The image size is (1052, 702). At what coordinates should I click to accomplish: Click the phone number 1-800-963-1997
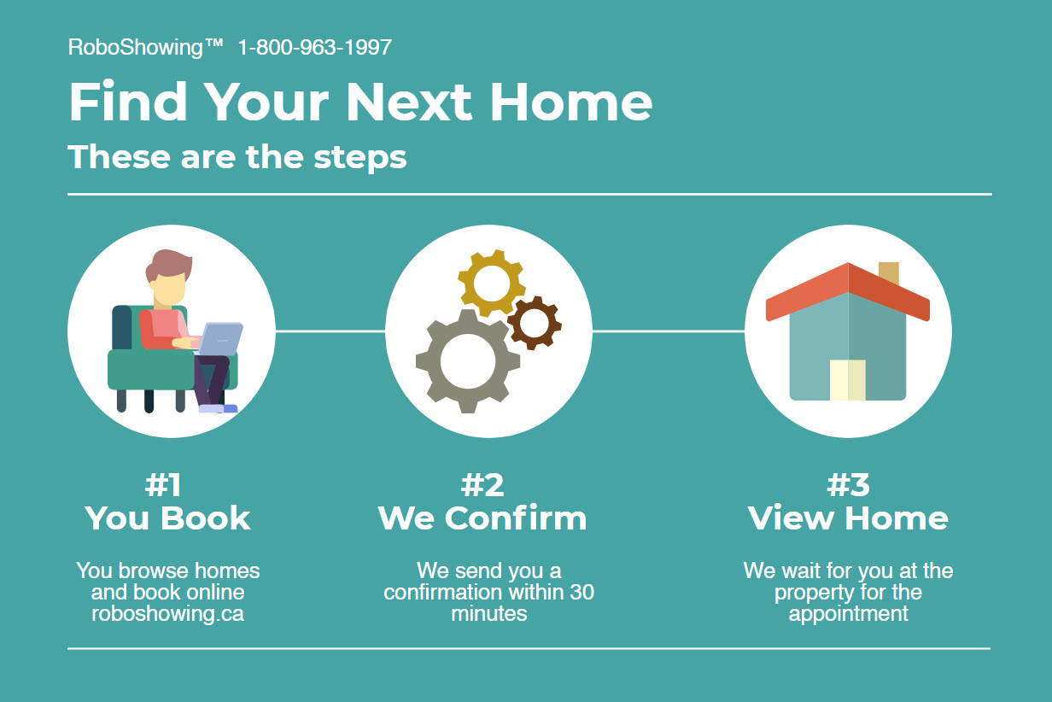click(314, 48)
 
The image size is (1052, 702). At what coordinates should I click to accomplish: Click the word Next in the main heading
click(408, 102)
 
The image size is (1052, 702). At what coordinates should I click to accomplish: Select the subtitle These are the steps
click(237, 156)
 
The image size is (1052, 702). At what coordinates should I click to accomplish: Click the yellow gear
click(491, 283)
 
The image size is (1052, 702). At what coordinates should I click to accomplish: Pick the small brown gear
click(535, 323)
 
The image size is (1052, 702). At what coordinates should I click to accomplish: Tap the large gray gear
click(468, 361)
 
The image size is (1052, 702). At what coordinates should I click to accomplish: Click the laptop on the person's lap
click(219, 338)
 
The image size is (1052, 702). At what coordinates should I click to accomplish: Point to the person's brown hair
click(168, 266)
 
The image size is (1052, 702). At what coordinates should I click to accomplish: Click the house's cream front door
click(848, 380)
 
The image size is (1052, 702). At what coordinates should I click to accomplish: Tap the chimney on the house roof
click(889, 273)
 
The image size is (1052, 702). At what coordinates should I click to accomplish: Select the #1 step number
click(162, 485)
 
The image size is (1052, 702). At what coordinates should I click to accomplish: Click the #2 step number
click(482, 485)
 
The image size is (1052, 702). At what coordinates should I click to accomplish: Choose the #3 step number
click(848, 485)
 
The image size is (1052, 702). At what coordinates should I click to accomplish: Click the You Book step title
click(167, 518)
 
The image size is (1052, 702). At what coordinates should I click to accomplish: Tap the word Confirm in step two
click(516, 518)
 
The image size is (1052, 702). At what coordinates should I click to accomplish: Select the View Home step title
click(848, 518)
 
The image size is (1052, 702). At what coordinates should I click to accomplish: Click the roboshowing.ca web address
click(167, 614)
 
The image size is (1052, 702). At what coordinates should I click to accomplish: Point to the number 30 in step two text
click(582, 593)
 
